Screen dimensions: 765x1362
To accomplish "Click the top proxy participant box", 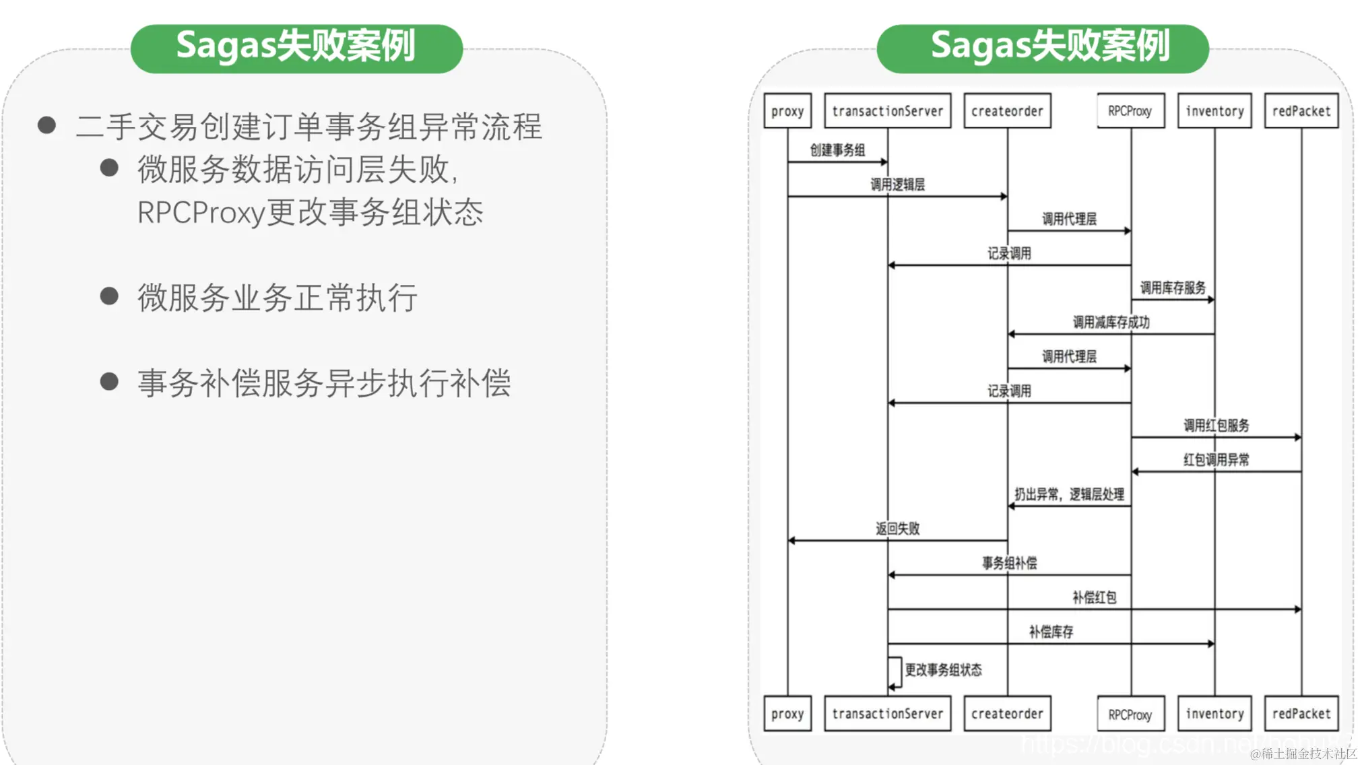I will (x=787, y=110).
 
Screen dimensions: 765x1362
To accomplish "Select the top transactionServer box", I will (x=887, y=110).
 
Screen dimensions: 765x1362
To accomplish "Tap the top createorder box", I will (x=1007, y=110).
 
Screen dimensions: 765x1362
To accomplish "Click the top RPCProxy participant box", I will (x=1130, y=110).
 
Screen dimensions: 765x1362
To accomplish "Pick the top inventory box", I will (x=1214, y=110).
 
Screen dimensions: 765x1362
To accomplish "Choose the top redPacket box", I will (x=1301, y=110).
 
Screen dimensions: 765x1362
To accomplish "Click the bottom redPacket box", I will (x=1301, y=713).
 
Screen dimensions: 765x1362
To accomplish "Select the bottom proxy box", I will (x=787, y=713).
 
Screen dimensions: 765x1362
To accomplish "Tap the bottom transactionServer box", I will (x=887, y=713).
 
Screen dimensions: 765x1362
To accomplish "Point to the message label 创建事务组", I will (x=837, y=149).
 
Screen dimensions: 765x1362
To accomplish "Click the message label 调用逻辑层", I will (x=897, y=185).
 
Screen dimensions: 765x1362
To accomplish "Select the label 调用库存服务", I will (x=1173, y=288).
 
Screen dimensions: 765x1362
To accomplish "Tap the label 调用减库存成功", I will (x=1111, y=322).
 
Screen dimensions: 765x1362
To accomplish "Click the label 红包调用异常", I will (x=1216, y=460).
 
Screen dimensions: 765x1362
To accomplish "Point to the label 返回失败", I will (x=897, y=529).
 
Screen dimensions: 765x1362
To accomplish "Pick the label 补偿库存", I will (x=1051, y=632).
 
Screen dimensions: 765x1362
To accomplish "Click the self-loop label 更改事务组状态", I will (x=943, y=669).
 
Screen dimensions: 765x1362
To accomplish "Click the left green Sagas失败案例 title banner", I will (x=296, y=48).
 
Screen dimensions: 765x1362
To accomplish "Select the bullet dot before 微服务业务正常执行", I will (x=109, y=296).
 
